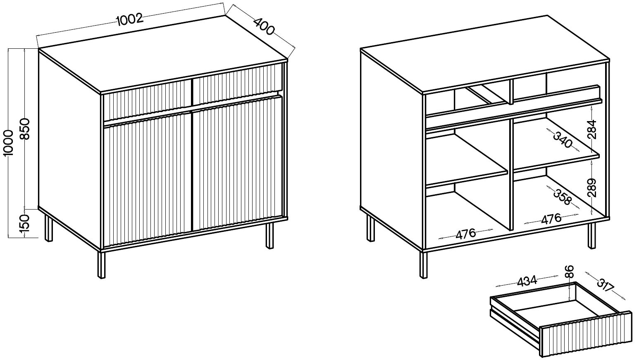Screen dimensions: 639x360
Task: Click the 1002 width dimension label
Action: click(x=129, y=19)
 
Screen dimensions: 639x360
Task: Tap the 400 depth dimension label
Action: click(x=264, y=26)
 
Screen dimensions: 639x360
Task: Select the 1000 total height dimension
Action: click(x=9, y=143)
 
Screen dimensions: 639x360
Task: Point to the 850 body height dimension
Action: click(x=25, y=129)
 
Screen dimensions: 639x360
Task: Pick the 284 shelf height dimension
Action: click(x=592, y=129)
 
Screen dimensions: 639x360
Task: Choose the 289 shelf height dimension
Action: click(x=592, y=188)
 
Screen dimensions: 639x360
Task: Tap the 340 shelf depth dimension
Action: click(x=563, y=140)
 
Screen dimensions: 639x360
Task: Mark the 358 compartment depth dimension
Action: click(x=563, y=197)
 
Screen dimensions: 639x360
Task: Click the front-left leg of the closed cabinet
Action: click(x=101, y=265)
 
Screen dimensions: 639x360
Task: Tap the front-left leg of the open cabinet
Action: click(x=423, y=265)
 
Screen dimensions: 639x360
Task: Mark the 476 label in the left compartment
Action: click(x=465, y=234)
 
